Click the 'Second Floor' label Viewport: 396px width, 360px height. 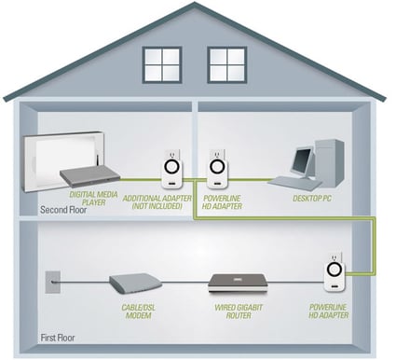pos(63,210)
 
